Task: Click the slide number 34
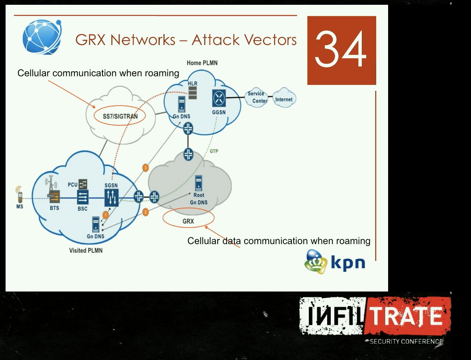tap(341, 50)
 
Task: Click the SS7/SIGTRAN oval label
tap(120, 116)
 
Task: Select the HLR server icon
tap(193, 92)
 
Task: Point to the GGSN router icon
tap(219, 98)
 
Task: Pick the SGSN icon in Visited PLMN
tap(112, 197)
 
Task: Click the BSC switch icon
tap(83, 197)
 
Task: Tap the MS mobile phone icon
tap(19, 195)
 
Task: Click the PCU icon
tap(83, 184)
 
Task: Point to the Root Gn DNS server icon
tap(198, 183)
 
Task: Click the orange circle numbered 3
tap(146, 168)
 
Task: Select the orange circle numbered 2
tap(145, 212)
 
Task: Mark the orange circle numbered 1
tap(106, 214)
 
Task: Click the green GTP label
tap(214, 151)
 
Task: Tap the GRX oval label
tap(188, 221)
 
